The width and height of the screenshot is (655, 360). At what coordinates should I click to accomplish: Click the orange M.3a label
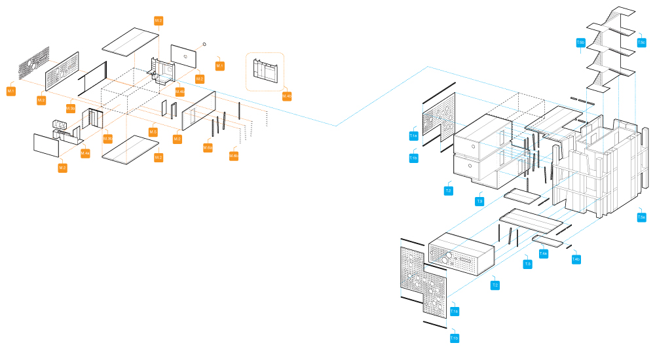click(71, 108)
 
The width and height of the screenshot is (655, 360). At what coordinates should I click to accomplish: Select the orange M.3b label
click(107, 138)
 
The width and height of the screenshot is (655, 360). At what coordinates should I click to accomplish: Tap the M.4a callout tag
click(85, 153)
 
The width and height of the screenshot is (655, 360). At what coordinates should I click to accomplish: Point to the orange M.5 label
click(153, 132)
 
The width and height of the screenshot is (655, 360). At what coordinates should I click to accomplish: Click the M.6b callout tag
click(233, 155)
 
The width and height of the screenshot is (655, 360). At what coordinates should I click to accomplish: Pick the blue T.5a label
click(641, 217)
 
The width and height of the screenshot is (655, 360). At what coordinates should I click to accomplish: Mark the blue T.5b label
click(580, 43)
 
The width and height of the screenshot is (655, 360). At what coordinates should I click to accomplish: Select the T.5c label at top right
click(641, 43)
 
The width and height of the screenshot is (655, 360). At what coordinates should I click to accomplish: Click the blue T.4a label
click(543, 253)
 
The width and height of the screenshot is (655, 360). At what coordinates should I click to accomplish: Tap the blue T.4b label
click(576, 259)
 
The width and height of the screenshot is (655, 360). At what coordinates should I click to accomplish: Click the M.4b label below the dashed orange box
click(287, 96)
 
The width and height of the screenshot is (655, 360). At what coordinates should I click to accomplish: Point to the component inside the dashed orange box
click(265, 70)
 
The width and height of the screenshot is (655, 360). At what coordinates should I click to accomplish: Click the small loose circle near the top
click(205, 44)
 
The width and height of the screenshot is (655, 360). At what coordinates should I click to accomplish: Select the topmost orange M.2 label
click(159, 21)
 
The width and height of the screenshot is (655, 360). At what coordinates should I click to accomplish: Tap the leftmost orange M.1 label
click(11, 90)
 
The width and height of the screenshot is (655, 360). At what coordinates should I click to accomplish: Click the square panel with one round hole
click(184, 56)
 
